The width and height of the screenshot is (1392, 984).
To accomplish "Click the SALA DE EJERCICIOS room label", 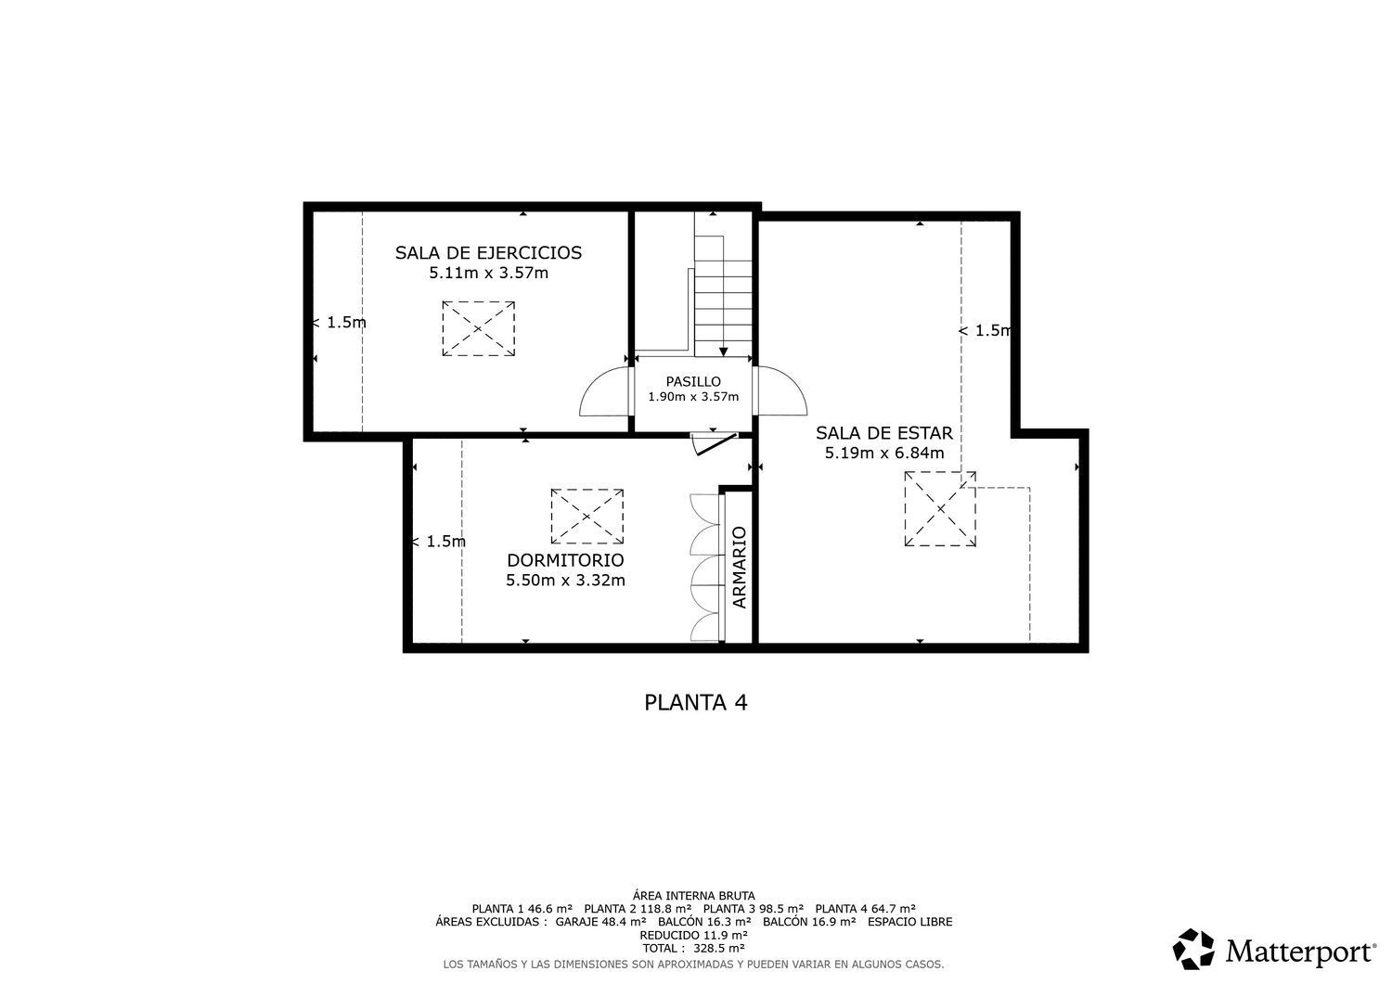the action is click(x=488, y=253).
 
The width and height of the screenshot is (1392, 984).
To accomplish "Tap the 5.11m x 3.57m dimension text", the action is click(x=488, y=273).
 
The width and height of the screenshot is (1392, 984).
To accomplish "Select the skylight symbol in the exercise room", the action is click(x=479, y=328).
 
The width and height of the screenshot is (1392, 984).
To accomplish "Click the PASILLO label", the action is click(x=693, y=381).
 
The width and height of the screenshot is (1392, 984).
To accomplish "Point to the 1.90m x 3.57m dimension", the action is click(x=693, y=396).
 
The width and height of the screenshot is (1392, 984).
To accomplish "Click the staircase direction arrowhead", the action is click(x=723, y=352).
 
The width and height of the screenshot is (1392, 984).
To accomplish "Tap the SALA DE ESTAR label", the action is click(x=884, y=432).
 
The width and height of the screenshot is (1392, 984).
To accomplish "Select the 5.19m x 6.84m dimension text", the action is click(x=884, y=453).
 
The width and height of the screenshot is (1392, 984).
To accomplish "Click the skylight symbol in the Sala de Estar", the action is click(x=940, y=509).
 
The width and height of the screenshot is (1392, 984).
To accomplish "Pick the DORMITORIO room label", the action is click(x=565, y=560).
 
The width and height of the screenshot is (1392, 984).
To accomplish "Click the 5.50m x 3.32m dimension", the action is click(x=565, y=581).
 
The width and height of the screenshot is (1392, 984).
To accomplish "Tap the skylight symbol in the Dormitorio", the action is click(x=587, y=517).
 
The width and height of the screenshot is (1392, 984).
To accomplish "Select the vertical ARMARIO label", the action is click(x=740, y=568).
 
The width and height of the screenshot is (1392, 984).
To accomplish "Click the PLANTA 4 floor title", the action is click(x=695, y=703).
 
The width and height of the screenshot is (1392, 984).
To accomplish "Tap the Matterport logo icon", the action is click(x=1193, y=949).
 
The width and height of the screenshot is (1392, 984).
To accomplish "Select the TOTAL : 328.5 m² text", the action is click(x=693, y=948).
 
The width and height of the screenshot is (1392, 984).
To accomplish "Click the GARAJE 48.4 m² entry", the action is click(x=601, y=922).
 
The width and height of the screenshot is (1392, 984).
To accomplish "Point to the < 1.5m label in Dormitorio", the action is click(x=438, y=541).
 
